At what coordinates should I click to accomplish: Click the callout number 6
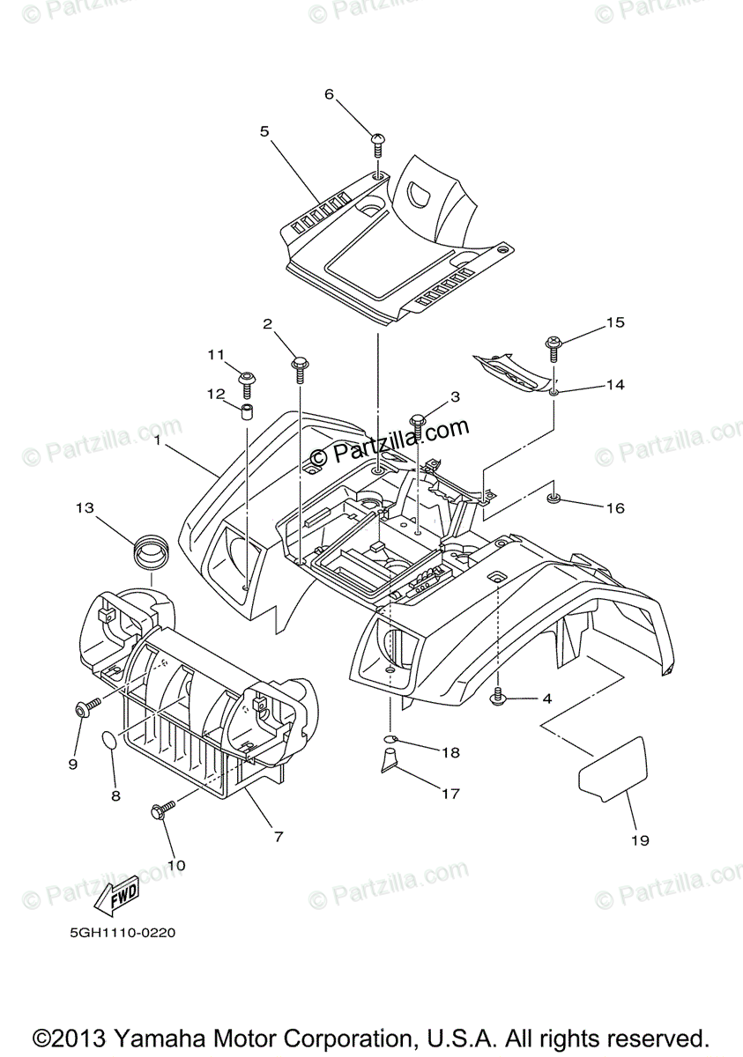(x=330, y=94)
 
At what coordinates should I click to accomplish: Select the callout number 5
(x=264, y=131)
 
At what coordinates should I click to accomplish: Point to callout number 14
(x=614, y=385)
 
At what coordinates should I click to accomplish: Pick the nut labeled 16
(x=554, y=499)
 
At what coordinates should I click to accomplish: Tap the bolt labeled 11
(x=246, y=380)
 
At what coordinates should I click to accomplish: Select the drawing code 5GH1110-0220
(x=116, y=932)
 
